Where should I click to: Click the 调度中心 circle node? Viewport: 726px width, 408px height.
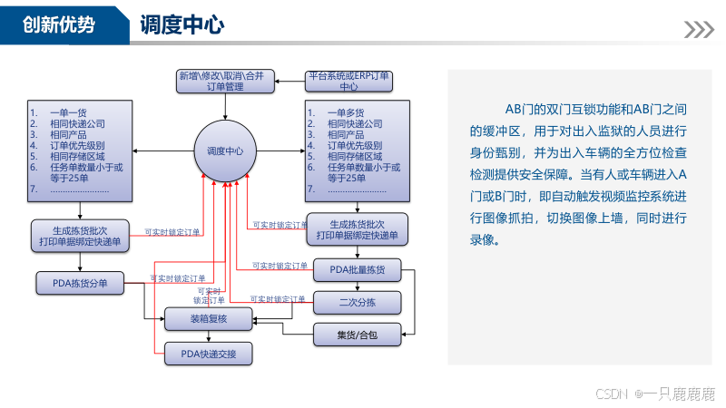[x=225, y=151]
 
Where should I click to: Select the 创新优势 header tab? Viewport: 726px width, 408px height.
[x=59, y=25]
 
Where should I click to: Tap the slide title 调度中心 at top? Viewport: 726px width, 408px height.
[x=182, y=25]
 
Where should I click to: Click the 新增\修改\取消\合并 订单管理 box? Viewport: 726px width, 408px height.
[x=221, y=81]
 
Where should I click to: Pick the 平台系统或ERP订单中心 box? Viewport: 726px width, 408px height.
[x=348, y=81]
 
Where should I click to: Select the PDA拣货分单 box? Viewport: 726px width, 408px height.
[x=80, y=284]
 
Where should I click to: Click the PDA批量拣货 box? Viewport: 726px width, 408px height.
[x=357, y=269]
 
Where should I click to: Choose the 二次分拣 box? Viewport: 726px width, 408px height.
[x=357, y=302]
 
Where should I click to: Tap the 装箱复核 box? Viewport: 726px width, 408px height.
[x=208, y=318]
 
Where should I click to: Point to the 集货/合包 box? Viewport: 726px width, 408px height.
[x=357, y=335]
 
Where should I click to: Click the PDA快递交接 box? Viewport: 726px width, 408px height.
[x=208, y=354]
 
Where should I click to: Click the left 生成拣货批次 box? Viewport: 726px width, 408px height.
[x=81, y=234]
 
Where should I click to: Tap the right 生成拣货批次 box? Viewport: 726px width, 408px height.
[x=357, y=229]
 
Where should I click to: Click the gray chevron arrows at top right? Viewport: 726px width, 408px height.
[x=698, y=30]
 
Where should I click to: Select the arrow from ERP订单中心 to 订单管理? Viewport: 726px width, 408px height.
[x=289, y=82]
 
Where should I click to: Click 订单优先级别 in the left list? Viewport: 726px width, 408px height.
[x=78, y=145]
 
